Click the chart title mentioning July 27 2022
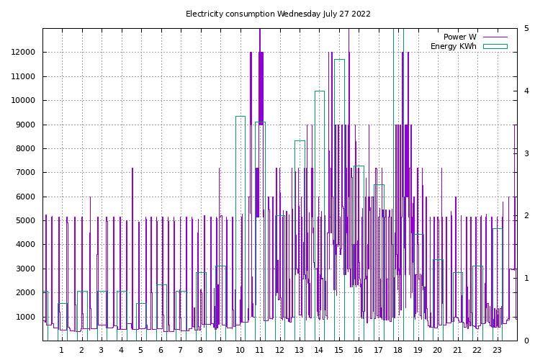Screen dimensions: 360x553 point(278,14)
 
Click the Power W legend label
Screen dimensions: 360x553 point(459,37)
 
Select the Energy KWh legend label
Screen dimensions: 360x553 point(453,46)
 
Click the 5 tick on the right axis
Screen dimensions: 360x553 point(526,29)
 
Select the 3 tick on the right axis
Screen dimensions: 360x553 point(526,153)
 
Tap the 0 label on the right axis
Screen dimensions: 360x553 point(526,341)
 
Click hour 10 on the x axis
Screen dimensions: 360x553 point(240,351)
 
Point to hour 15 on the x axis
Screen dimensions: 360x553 point(338,351)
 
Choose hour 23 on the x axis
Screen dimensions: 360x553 point(497,351)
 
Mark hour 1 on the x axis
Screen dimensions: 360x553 point(61,351)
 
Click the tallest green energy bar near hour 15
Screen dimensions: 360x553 point(339,202)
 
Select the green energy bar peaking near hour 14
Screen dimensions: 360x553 point(319,216)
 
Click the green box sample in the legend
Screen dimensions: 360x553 point(495,46)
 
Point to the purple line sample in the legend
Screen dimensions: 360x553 point(495,37)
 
